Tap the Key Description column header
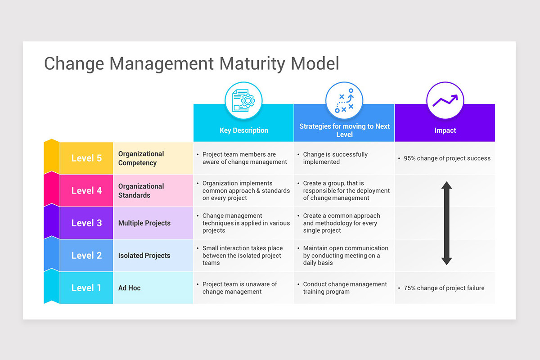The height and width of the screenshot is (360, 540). coord(243,130)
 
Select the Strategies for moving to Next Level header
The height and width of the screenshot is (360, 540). coord(344,130)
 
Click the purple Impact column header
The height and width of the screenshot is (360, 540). coord(445,130)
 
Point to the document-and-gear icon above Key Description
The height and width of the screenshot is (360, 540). coord(243,100)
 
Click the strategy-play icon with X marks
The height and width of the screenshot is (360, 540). coord(344,100)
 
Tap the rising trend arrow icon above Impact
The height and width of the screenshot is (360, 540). coord(445,100)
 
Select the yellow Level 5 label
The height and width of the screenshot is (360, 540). coord(86,158)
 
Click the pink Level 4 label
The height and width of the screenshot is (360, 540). coord(86,191)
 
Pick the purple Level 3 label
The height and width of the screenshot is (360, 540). coord(86,223)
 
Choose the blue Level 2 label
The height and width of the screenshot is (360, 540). coord(86,256)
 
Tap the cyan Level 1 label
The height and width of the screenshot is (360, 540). coord(86,288)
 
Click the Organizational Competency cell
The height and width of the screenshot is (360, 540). coord(141,158)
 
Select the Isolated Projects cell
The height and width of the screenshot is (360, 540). coord(144,256)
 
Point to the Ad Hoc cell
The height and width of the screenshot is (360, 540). coord(130,288)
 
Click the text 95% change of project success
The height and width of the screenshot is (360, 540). coord(447,158)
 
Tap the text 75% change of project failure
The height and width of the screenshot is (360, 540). coord(444,288)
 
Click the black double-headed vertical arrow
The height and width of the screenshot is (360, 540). coord(446,223)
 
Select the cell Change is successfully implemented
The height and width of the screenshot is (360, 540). coord(335,158)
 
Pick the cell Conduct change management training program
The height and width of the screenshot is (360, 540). coord(345,288)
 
